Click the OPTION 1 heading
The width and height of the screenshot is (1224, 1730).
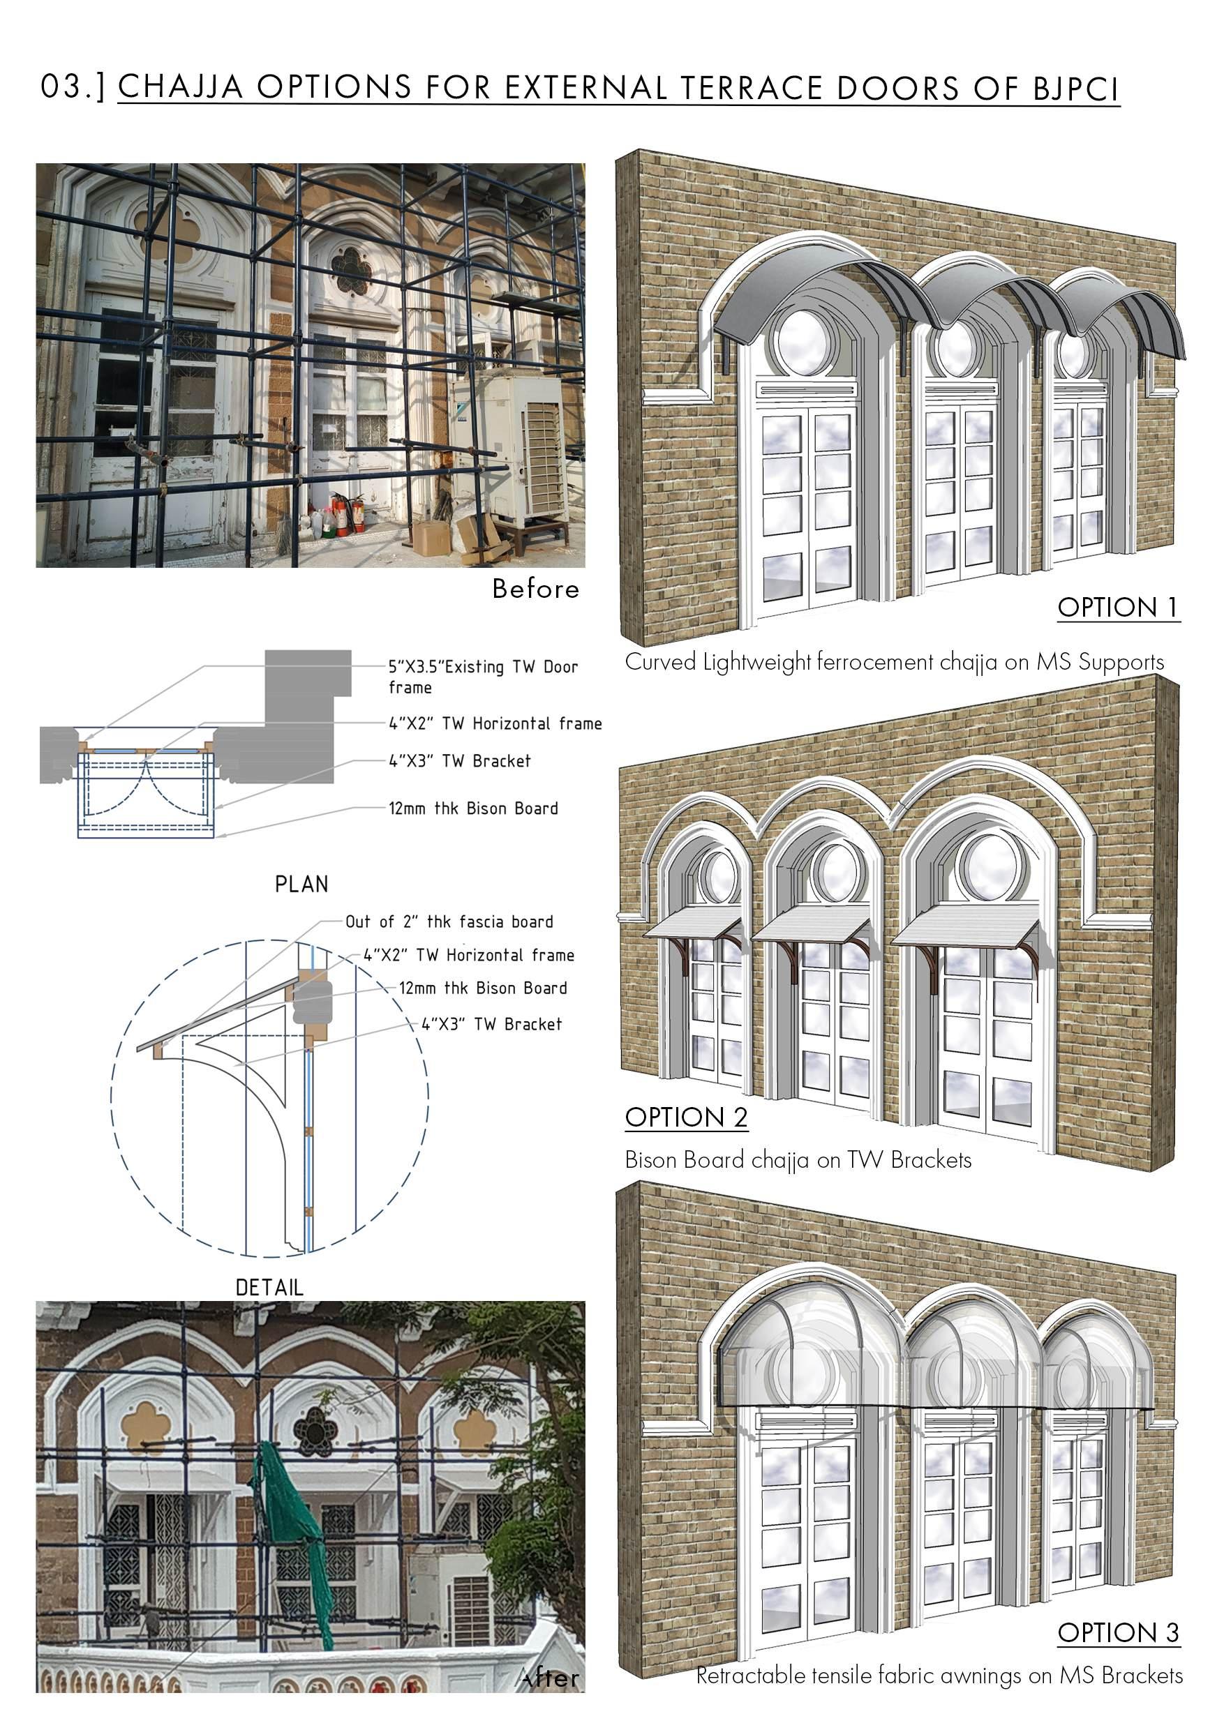point(1118,608)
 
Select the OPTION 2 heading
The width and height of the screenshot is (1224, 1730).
point(686,1118)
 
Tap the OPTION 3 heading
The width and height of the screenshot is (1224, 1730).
point(1118,1633)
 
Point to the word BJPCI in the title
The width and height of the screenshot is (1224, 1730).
point(1075,89)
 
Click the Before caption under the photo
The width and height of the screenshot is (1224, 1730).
point(536,589)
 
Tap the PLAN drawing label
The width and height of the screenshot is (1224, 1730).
point(301,884)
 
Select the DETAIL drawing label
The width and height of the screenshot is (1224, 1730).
point(269,1288)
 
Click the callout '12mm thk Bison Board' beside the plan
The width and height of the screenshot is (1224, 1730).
point(473,808)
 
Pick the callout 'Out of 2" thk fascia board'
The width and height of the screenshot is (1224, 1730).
point(449,922)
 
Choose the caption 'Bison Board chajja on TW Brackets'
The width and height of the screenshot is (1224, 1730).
point(798,1159)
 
